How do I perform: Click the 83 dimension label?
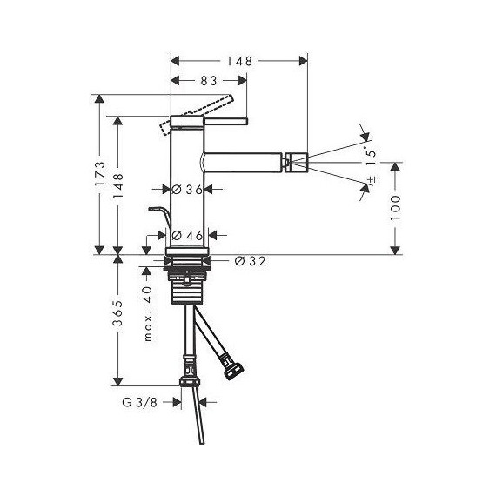(x=209, y=81)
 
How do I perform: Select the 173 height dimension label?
(x=100, y=174)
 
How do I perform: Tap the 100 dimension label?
(x=395, y=208)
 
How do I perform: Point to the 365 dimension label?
(x=118, y=313)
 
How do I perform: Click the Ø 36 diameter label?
(x=187, y=190)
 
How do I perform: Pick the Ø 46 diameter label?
(x=187, y=235)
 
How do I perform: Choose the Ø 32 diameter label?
(x=250, y=261)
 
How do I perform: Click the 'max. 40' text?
(x=148, y=314)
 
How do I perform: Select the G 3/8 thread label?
(x=139, y=402)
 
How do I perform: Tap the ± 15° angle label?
(x=372, y=164)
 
